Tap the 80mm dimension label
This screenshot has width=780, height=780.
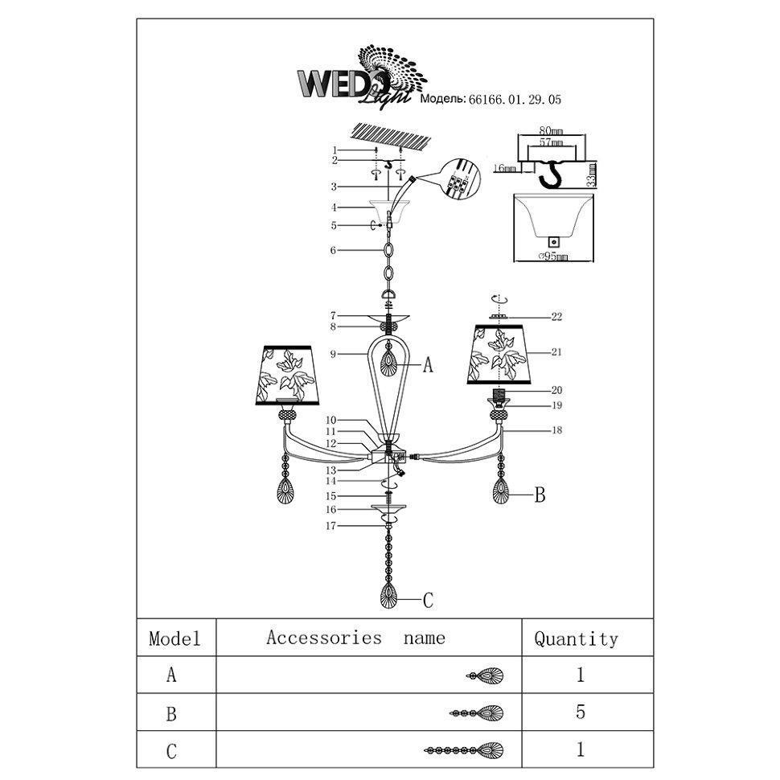click(x=551, y=129)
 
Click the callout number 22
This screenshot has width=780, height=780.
click(x=556, y=317)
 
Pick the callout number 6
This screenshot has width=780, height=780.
click(x=333, y=251)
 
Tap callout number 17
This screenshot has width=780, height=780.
click(x=330, y=526)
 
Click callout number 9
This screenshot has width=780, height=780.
click(x=332, y=354)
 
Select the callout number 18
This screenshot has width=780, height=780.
click(x=556, y=431)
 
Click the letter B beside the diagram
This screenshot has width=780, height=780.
click(x=540, y=495)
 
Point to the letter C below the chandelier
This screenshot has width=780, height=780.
click(x=428, y=599)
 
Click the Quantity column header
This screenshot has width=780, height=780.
click(x=576, y=639)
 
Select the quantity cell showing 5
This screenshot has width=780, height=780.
click(x=580, y=712)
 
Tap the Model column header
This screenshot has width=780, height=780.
click(x=174, y=639)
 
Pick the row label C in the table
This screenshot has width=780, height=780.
click(x=171, y=751)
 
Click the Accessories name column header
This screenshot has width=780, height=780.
click(x=355, y=638)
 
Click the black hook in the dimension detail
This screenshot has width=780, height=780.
click(x=552, y=173)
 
